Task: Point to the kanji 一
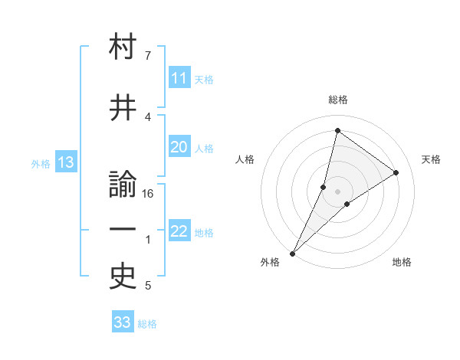pyautogui.click(x=123, y=231)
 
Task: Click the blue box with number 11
pyautogui.click(x=179, y=79)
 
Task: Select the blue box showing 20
pyautogui.click(x=179, y=148)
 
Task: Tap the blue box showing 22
pyautogui.click(x=179, y=232)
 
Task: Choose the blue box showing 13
pyautogui.click(x=64, y=162)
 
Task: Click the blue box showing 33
pyautogui.click(x=123, y=322)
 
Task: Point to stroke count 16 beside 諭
pyautogui.click(x=149, y=194)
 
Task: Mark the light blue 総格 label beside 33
pyautogui.click(x=147, y=324)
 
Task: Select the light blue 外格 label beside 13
pyautogui.click(x=40, y=163)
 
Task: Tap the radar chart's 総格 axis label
pyautogui.click(x=337, y=100)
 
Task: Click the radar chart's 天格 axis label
pyautogui.click(x=431, y=159)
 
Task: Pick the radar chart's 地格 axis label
pyautogui.click(x=402, y=262)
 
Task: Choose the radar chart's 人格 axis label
pyautogui.click(x=245, y=159)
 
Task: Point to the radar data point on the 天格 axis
pyautogui.click(x=396, y=173)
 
